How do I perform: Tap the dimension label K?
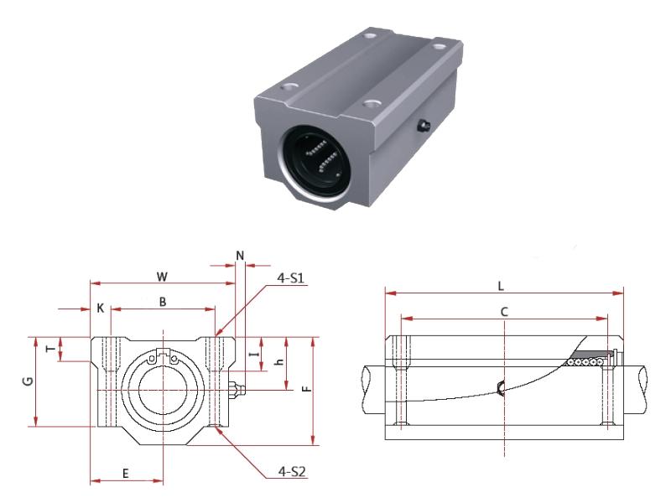point(100,308)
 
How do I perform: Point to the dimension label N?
point(240,254)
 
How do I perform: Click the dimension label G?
point(28,381)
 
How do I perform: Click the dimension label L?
point(501,285)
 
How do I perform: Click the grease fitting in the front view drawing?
point(237,388)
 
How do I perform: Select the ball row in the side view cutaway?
point(586,362)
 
